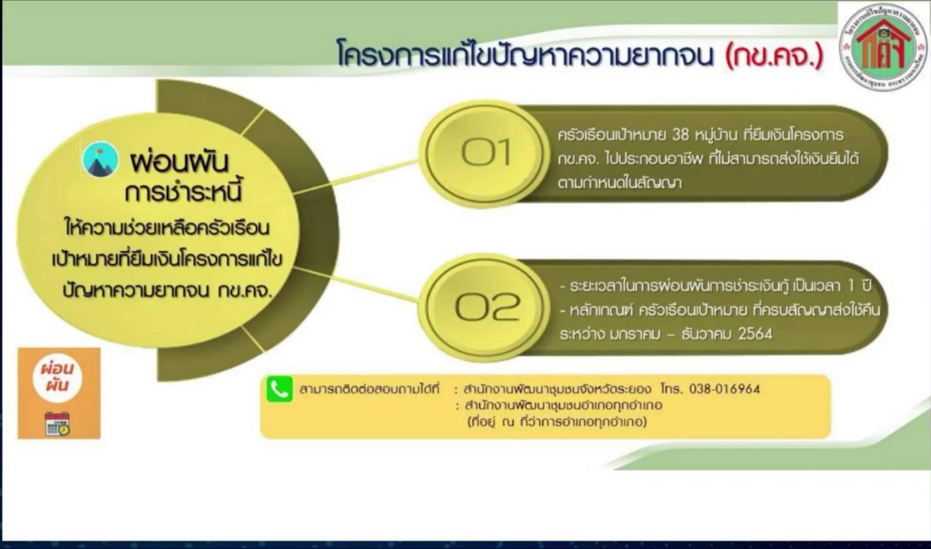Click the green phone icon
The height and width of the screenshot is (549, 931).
[279, 389]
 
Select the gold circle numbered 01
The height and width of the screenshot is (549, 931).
[484, 152]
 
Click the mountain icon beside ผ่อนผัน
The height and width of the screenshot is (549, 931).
[101, 160]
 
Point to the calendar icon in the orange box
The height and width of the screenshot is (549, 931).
[58, 423]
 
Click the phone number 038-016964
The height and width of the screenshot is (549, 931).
[724, 389]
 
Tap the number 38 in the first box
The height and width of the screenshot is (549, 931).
[680, 135]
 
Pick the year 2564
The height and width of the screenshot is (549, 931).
[755, 334]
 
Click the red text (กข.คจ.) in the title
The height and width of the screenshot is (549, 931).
[775, 56]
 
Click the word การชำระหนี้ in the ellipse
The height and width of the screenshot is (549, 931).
[183, 193]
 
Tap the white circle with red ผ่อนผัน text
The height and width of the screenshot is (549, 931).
[58, 378]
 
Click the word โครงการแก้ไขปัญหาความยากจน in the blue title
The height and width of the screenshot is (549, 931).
[525, 56]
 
